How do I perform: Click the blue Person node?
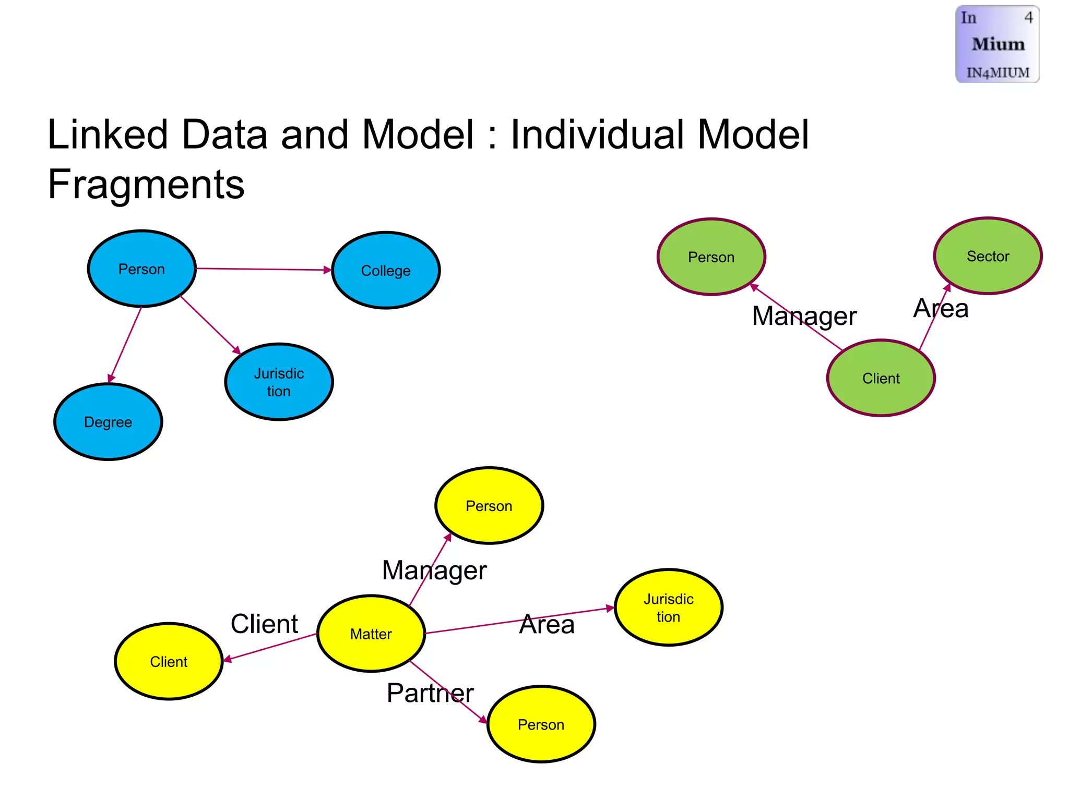[x=141, y=269]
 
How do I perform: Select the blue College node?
[x=386, y=270]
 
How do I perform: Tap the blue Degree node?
[x=108, y=422]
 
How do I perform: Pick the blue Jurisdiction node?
[x=279, y=382]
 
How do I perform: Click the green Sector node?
[x=988, y=256]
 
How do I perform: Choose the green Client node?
[x=881, y=378]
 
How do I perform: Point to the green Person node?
[x=711, y=257]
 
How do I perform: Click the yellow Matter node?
[x=371, y=634]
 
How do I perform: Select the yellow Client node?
[x=169, y=661]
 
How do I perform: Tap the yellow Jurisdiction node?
[x=668, y=608]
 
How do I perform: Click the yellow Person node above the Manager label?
[x=489, y=505]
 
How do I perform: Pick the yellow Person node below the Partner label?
[x=541, y=724]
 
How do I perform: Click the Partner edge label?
[x=430, y=693]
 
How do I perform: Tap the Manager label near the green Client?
[x=804, y=316]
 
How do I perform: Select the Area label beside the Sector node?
[x=941, y=308]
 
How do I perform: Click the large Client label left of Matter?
[x=264, y=624]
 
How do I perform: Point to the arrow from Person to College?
[x=264, y=269]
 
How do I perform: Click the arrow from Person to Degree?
[x=125, y=345]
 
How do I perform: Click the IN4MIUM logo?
[x=997, y=44]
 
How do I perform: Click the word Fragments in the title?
[x=146, y=184]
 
